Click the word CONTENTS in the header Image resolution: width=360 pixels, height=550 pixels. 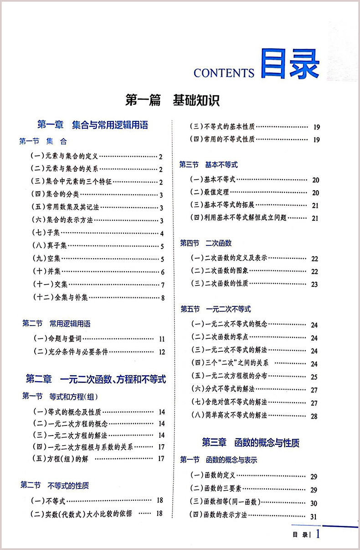coord(224,73)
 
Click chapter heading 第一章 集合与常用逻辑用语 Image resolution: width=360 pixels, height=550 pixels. coord(93,125)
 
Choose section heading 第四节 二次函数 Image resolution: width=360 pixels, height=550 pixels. coord(206,243)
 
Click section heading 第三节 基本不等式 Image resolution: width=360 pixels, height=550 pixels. coord(208,165)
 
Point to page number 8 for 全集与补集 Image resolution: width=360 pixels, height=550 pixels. coord(162,299)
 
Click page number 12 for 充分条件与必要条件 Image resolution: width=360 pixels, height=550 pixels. coord(161,352)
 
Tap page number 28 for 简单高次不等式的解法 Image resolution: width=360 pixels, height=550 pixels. coord(314,416)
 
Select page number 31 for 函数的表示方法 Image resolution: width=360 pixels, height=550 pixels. coord(314,517)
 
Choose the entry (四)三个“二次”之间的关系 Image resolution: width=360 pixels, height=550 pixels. coord(230,363)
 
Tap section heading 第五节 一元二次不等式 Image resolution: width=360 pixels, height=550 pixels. coord(216,309)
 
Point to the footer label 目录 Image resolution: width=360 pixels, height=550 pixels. coord(300,534)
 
